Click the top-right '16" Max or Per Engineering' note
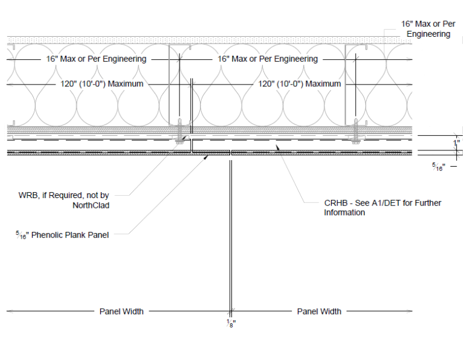(428, 29)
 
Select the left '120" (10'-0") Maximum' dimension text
(101, 84)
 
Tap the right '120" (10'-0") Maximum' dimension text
(300, 84)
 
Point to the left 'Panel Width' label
(121, 311)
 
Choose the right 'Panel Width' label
(319, 311)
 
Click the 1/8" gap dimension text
(231, 323)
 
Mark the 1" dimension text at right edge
(457, 143)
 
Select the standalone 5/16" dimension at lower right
(439, 167)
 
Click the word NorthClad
(91, 205)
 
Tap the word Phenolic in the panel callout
(47, 235)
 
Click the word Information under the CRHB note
(344, 213)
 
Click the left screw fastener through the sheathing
(179, 131)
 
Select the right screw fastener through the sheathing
(356, 131)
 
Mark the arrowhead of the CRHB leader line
(277, 147)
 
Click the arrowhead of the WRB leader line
(185, 138)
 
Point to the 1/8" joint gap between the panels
(231, 153)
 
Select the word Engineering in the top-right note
(428, 34)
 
